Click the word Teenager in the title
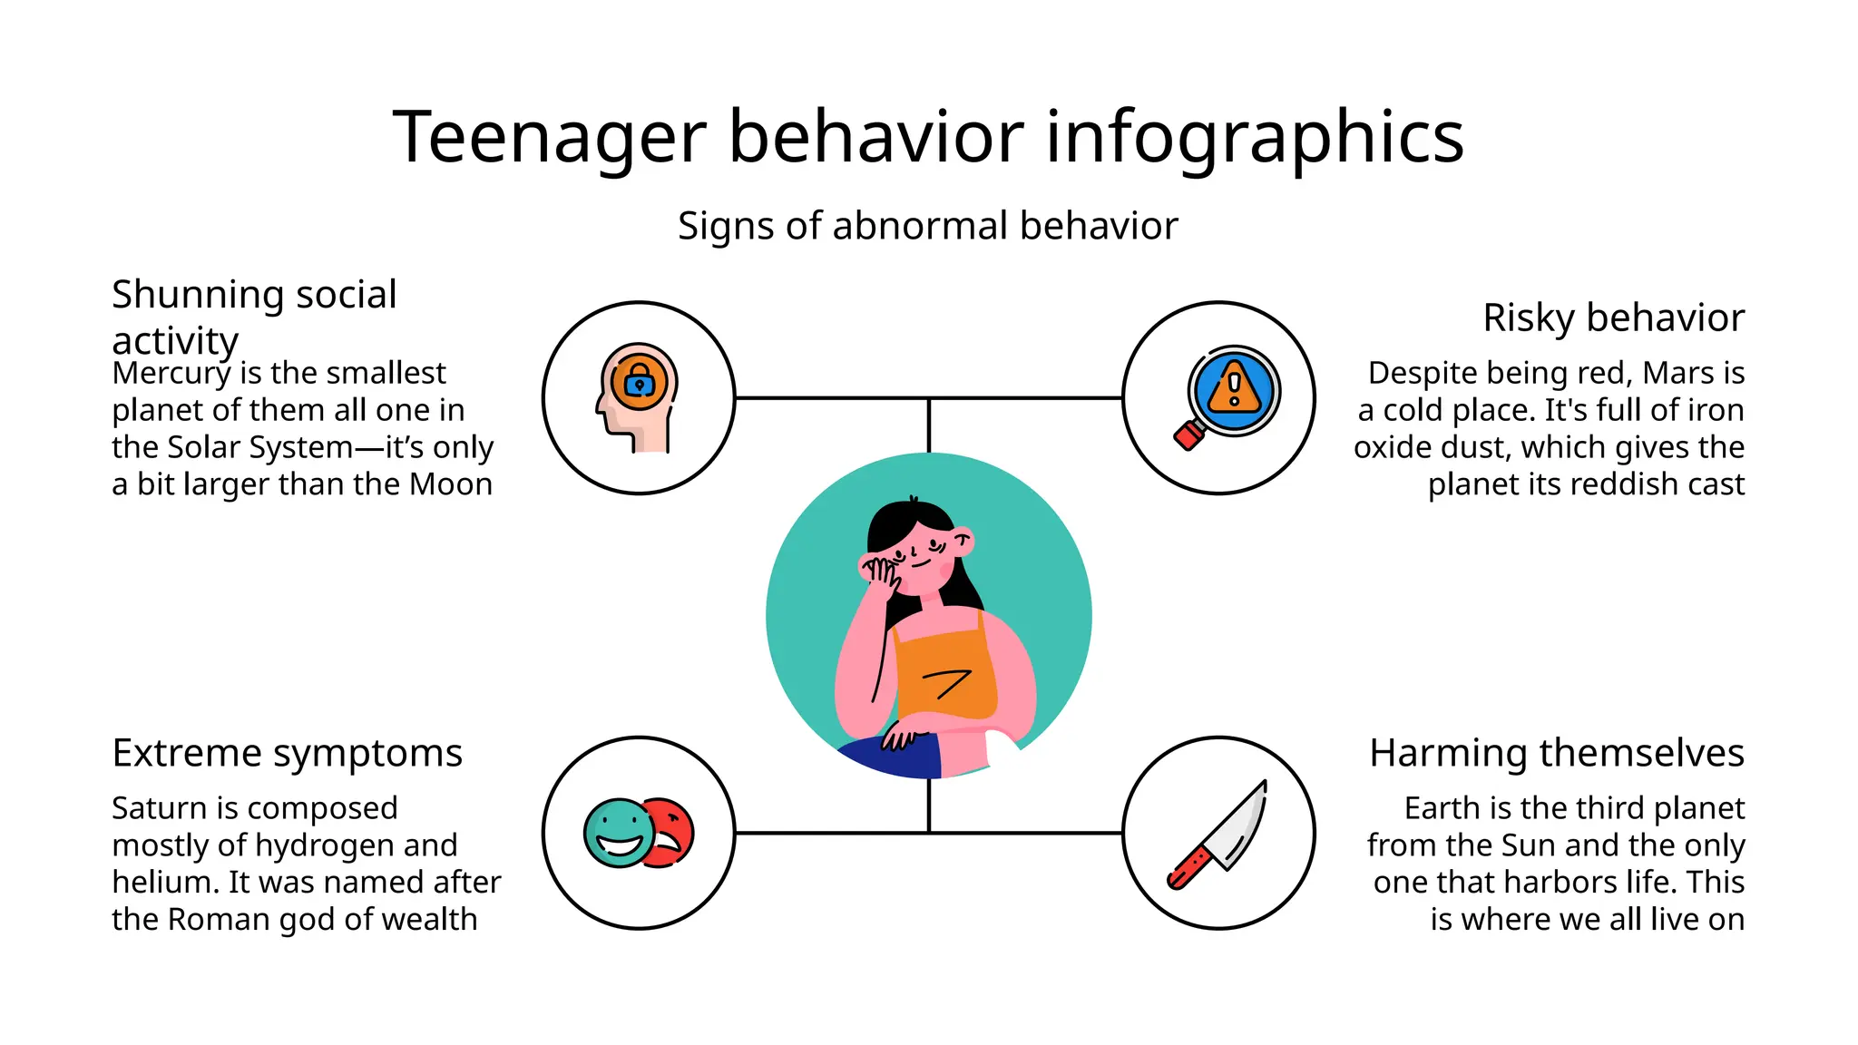coord(549,137)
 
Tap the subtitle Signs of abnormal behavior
coord(927,226)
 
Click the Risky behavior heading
coord(1613,318)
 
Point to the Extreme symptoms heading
coord(287,754)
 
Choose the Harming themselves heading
coord(1556,754)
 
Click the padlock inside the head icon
coord(640,381)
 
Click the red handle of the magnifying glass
coord(1188,436)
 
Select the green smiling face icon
coord(618,833)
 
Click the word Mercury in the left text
coord(171,374)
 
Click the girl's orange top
coord(944,676)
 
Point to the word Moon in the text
coord(451,485)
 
